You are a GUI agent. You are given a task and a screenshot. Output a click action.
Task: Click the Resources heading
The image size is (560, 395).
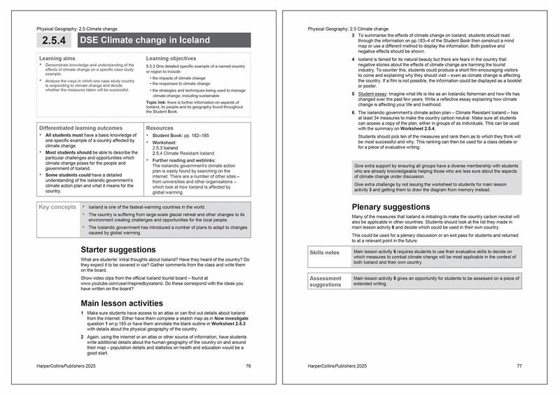160,129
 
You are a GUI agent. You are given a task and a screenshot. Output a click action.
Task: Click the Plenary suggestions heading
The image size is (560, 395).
391,207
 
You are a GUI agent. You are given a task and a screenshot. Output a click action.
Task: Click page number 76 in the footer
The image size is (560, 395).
248,366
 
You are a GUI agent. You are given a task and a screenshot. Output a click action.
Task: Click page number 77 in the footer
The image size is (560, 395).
519,366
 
